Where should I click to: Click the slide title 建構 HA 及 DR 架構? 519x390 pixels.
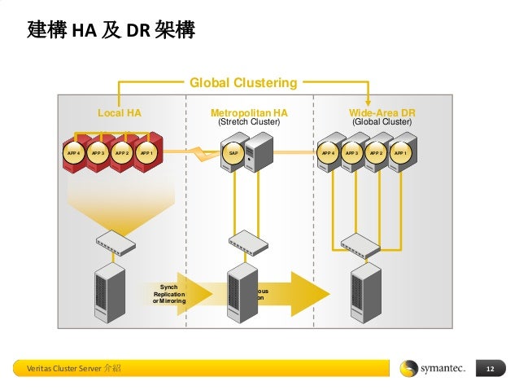pos(111,31)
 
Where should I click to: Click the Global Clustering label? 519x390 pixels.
pos(243,82)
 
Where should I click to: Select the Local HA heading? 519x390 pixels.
pos(120,113)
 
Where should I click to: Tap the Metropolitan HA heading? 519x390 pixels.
pos(249,113)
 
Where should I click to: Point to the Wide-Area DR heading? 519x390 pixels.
pos(382,113)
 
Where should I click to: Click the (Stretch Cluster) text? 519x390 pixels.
pos(249,122)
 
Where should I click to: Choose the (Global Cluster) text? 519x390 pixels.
pos(382,122)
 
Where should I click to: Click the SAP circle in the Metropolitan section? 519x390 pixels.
pos(233,152)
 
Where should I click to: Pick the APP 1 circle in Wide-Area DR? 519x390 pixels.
pos(400,152)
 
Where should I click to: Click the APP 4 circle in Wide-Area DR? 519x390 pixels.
pos(328,152)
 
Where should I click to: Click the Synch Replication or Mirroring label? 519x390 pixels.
pos(169,294)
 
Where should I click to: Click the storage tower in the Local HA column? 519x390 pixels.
pos(110,294)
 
